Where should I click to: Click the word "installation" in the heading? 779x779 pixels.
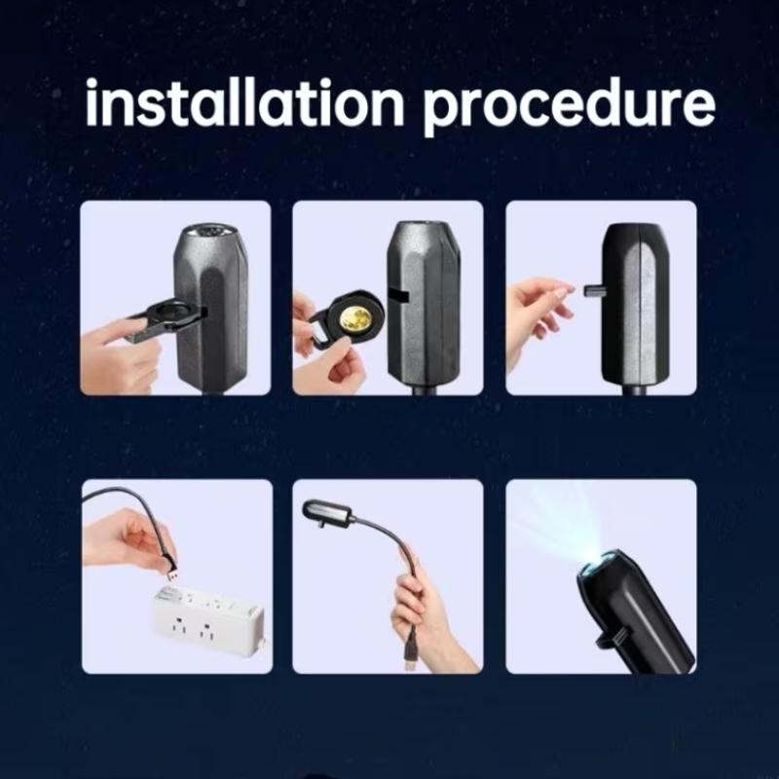pos(245,102)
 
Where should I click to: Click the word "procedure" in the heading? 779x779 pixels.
pos(569,106)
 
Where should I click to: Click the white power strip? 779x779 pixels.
pos(209,616)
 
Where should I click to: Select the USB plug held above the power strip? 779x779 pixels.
pos(171,573)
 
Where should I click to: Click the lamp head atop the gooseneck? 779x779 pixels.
pos(328,512)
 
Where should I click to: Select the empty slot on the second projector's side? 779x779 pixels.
pos(398,297)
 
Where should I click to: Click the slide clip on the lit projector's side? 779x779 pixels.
pos(612,640)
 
